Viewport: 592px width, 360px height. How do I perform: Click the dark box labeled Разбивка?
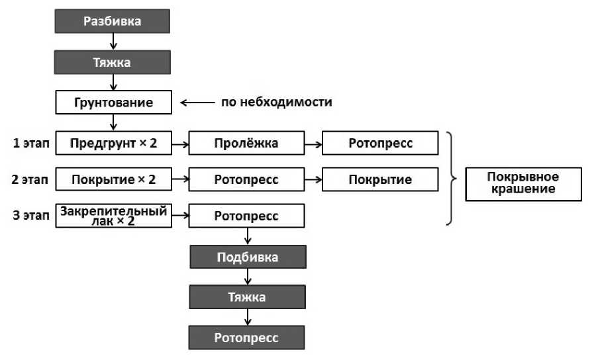113,21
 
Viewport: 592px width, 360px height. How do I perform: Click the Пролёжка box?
247,142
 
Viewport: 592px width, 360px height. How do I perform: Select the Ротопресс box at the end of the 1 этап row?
380,142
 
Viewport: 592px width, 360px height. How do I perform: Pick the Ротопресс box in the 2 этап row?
247,179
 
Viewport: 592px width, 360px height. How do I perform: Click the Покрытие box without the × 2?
380,179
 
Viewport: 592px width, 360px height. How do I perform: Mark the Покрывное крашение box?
522,183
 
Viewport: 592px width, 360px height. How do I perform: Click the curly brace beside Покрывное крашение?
452,179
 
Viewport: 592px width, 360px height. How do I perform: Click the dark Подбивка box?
247,257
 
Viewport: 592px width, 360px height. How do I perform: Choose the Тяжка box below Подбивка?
247,297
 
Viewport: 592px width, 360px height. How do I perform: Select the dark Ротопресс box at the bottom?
247,337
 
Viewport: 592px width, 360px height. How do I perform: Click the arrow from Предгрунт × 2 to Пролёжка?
179,142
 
